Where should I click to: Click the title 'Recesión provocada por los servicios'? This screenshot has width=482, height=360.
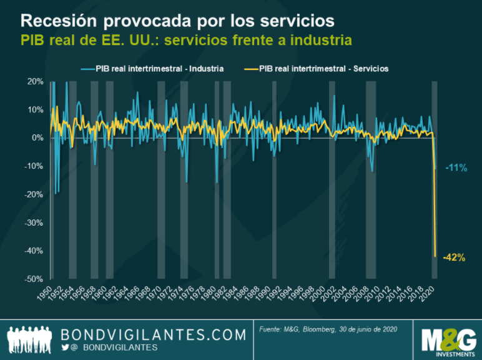click(177, 20)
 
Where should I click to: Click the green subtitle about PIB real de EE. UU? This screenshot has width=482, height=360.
click(186, 41)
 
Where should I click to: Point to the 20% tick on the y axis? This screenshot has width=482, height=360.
click(35, 82)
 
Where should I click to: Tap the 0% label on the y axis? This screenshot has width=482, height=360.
click(37, 138)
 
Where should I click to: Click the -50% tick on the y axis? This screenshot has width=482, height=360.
click(34, 279)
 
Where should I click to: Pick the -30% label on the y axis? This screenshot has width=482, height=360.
click(34, 222)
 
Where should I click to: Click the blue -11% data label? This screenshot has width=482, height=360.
click(456, 167)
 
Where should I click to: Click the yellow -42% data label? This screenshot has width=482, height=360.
click(454, 257)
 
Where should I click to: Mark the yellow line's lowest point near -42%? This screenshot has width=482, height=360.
click(435, 256)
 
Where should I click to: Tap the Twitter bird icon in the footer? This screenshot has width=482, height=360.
click(66, 347)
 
